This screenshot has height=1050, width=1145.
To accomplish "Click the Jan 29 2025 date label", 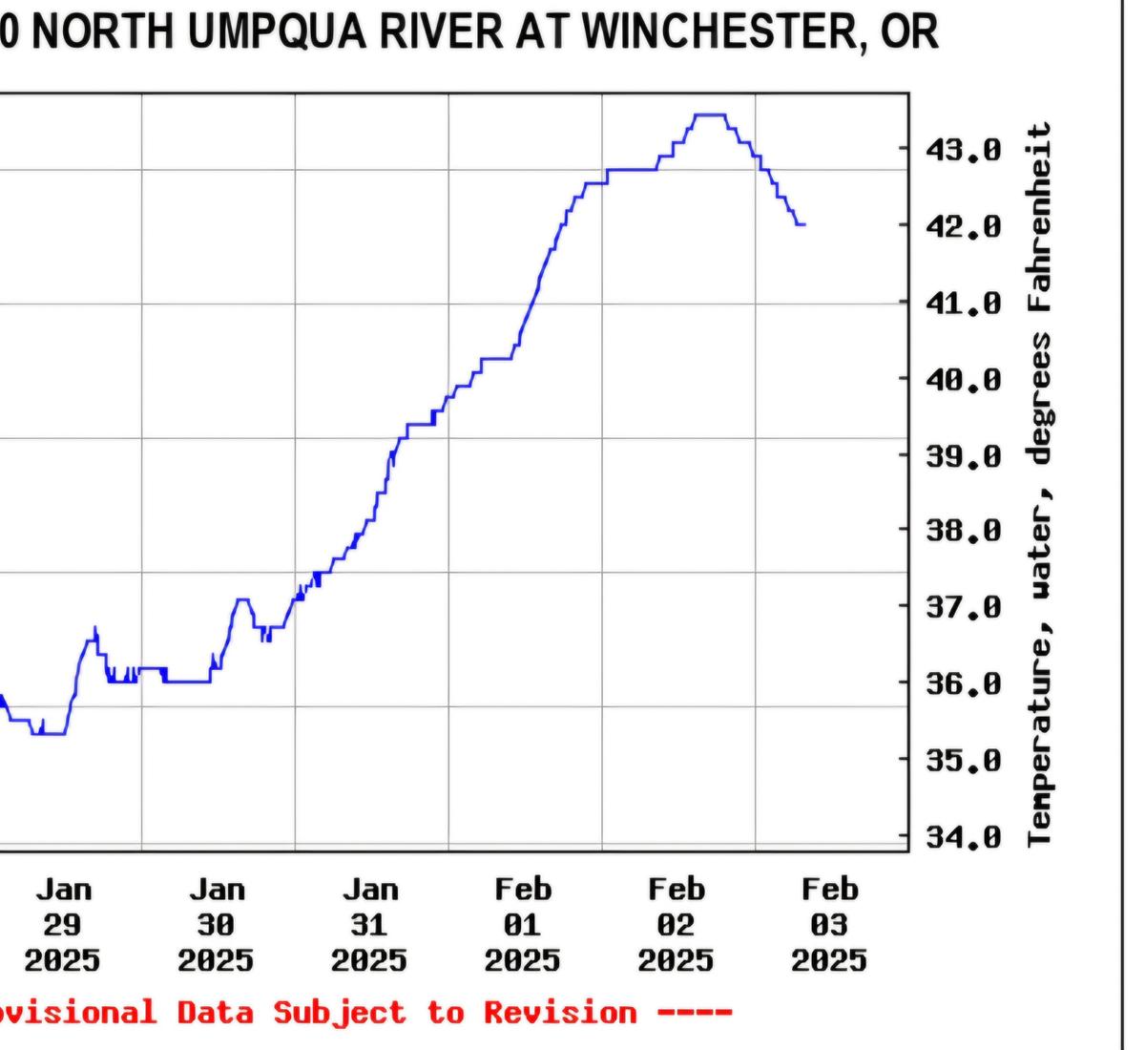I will pos(63,925).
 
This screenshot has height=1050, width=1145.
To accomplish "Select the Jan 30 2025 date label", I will pos(217,925).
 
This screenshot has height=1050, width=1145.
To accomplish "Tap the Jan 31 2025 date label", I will pos(370,925).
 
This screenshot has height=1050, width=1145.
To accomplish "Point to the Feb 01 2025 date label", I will pos(523,925).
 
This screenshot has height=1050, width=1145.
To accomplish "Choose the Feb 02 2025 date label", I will pos(677,925).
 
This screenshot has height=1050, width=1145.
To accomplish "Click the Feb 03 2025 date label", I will pos(829,925).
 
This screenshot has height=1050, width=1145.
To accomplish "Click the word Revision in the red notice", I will pos(559,1012).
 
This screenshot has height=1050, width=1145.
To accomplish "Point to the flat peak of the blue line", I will pos(710,115).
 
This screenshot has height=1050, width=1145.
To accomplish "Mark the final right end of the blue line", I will pos(804,224).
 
